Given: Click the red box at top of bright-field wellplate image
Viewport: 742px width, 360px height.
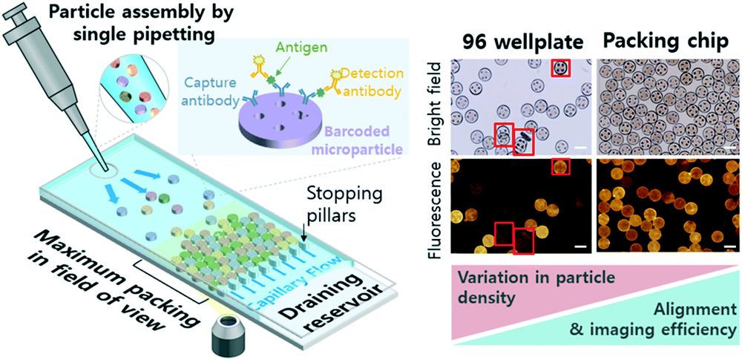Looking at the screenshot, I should pos(561,68).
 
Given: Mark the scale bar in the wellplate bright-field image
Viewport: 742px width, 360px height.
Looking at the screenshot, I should pos(580,148).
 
